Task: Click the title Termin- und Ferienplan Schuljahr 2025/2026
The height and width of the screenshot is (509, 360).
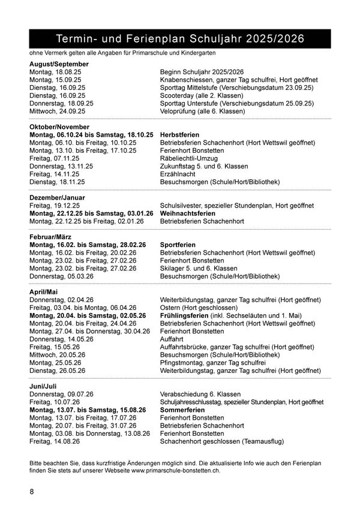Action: click(180, 39)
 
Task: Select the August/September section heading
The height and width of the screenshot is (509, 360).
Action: click(59, 64)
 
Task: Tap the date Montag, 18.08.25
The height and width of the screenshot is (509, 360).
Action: click(55, 72)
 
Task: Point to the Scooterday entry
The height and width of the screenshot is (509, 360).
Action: click(201, 95)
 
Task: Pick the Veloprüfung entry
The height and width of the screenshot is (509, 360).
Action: click(202, 111)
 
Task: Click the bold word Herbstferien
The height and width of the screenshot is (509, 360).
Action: click(179, 135)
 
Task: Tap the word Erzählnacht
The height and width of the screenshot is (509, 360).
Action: click(178, 174)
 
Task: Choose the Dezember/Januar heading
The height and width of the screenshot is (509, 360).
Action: click(57, 197)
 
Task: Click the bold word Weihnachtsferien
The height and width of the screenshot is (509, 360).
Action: click(187, 213)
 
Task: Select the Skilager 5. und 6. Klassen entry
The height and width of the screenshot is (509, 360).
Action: click(199, 269)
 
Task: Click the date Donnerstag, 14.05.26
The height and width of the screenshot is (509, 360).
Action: click(61, 339)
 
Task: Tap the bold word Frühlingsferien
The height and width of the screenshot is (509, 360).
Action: click(184, 315)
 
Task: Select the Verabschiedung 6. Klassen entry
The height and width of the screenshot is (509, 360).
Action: click(200, 394)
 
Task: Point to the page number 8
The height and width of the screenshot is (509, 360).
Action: click(32, 492)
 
